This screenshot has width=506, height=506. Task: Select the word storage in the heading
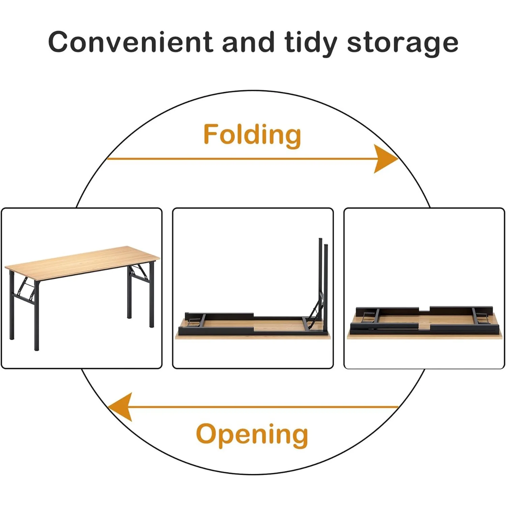402,44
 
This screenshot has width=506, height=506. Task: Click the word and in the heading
249,42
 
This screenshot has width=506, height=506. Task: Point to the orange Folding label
252,135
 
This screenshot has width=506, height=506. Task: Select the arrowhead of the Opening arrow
120,407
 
